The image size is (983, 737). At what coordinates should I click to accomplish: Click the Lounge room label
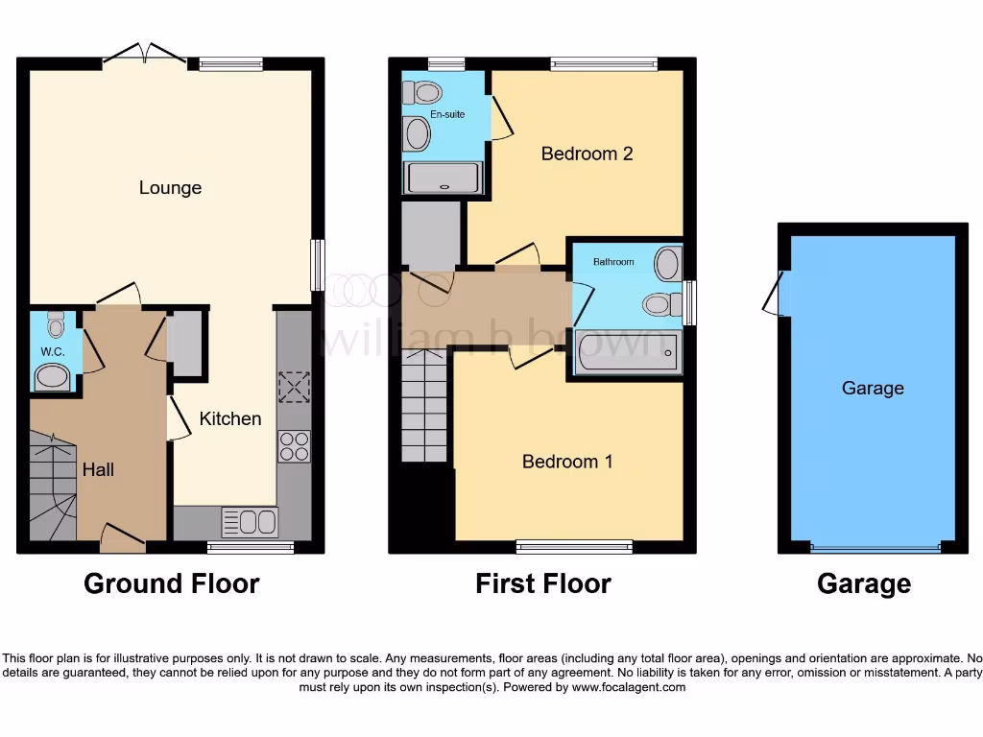(170, 187)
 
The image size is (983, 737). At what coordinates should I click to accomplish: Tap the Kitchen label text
(229, 418)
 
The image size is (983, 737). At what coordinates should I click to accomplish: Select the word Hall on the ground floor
(98, 469)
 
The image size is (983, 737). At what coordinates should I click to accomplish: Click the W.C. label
(52, 352)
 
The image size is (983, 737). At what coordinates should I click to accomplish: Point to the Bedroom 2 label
(587, 154)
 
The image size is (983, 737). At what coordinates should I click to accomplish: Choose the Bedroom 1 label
(567, 462)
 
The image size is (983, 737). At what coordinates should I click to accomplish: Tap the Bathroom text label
(613, 261)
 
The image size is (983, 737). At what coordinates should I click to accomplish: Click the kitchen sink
(250, 522)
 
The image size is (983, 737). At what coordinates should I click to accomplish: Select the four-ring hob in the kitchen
(294, 446)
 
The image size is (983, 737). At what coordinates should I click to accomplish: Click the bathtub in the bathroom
(627, 353)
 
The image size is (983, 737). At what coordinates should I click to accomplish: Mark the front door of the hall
(123, 536)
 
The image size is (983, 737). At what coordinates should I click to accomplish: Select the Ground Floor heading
(171, 583)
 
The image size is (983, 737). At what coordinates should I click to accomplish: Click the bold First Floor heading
(542, 583)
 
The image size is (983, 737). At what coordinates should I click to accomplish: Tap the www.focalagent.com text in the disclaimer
(628, 687)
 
